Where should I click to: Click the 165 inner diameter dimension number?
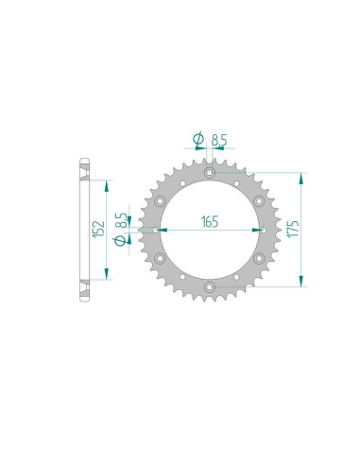209,223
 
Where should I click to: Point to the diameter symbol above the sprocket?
199,140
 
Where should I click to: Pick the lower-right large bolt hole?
256,257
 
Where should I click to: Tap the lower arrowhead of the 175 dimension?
301,281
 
